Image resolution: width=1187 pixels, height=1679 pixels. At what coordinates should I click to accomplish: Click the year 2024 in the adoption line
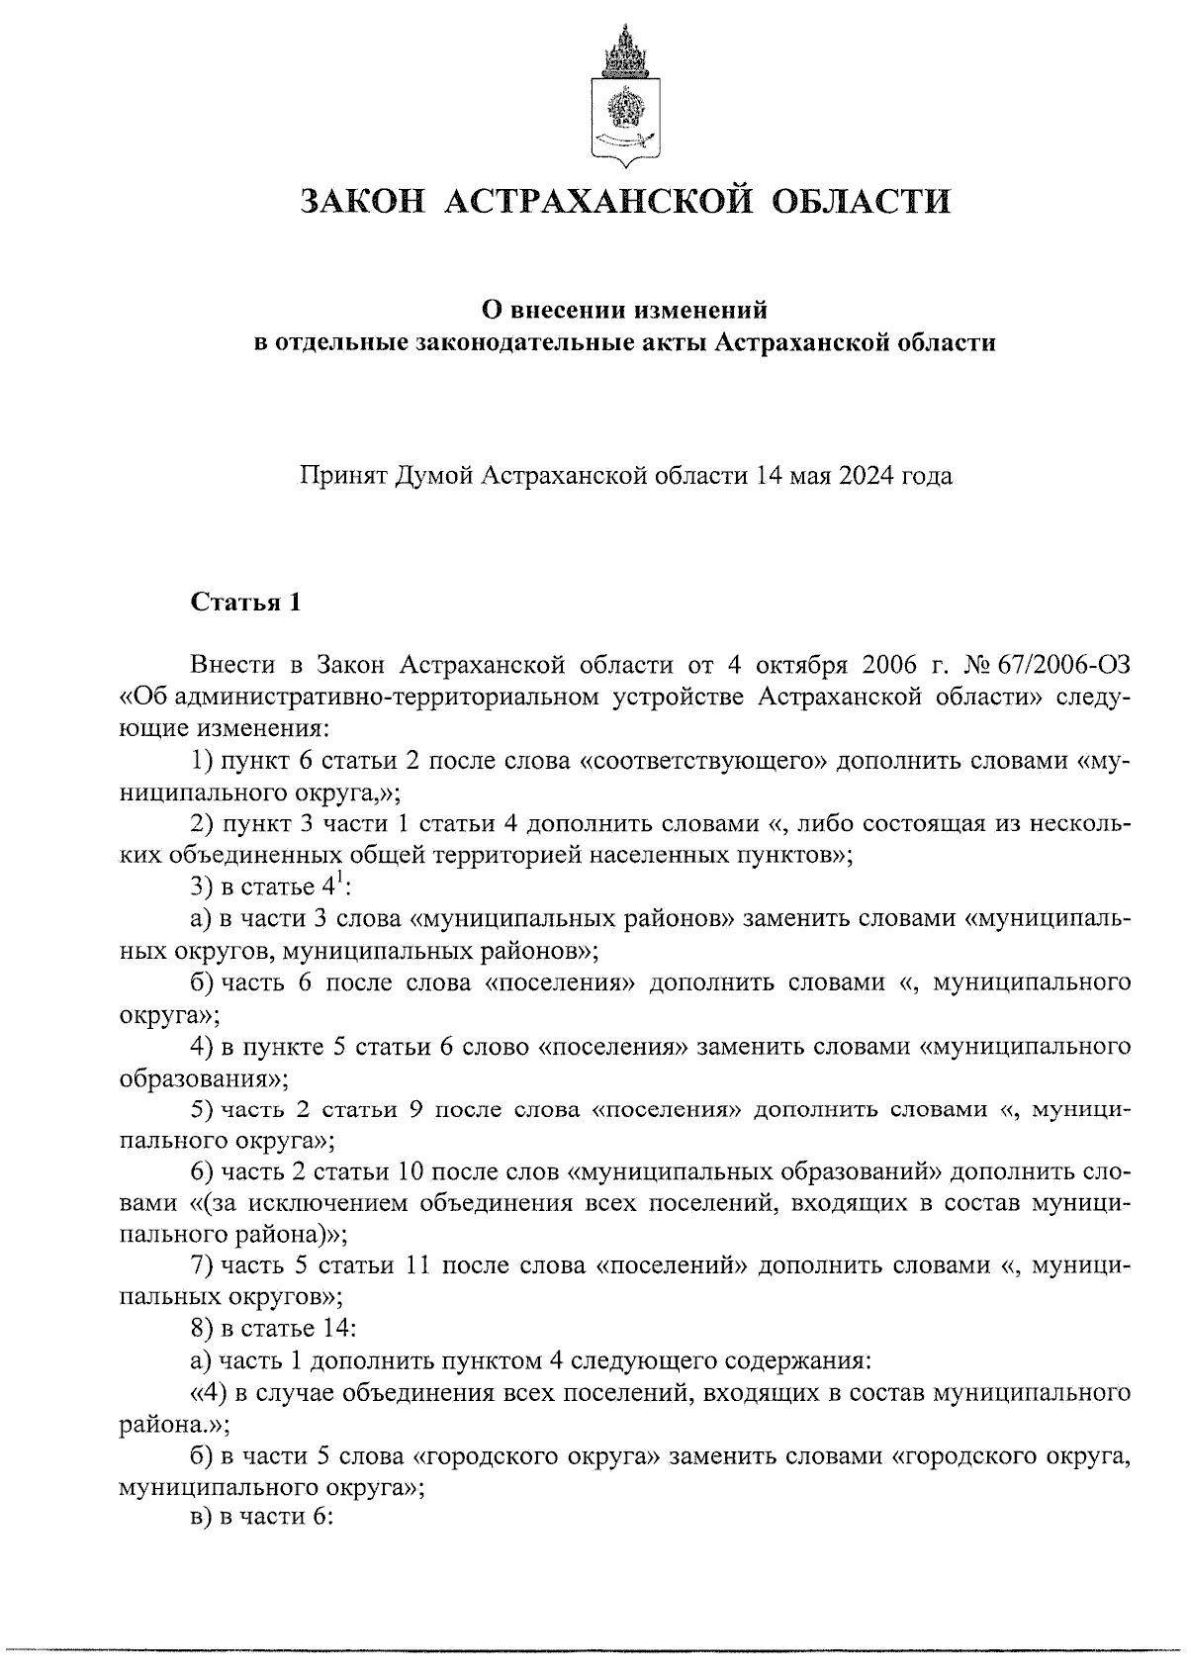pos(867,476)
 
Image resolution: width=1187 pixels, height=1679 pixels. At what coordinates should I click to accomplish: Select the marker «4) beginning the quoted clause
pos(209,1393)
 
